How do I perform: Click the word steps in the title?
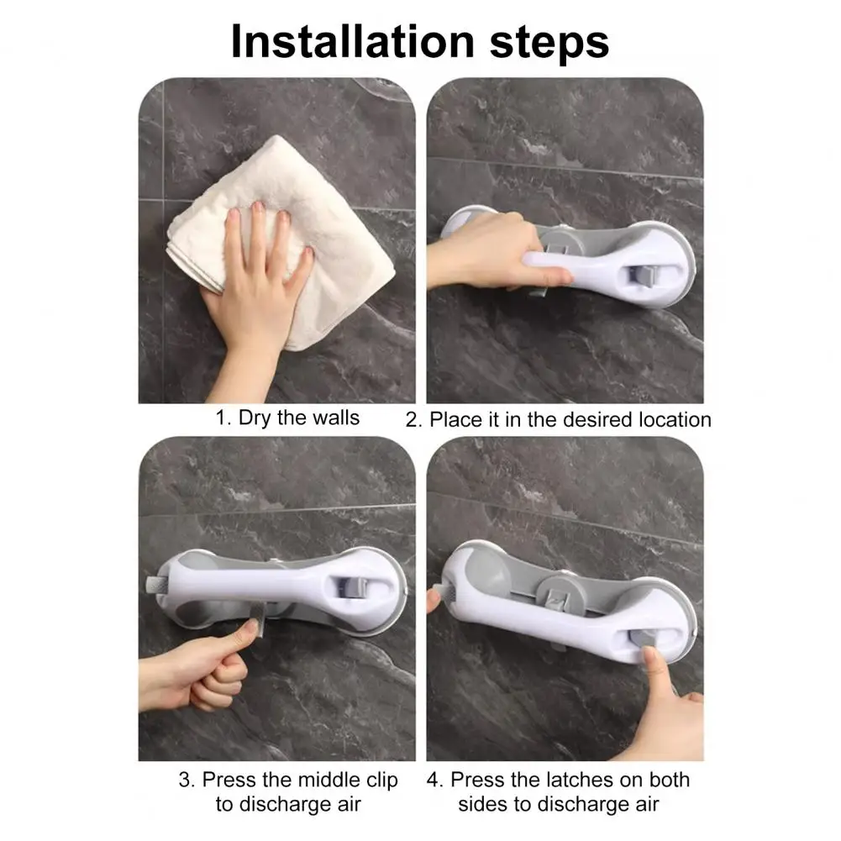point(542,42)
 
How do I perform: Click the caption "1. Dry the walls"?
point(287,418)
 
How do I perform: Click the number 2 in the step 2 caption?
point(413,419)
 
